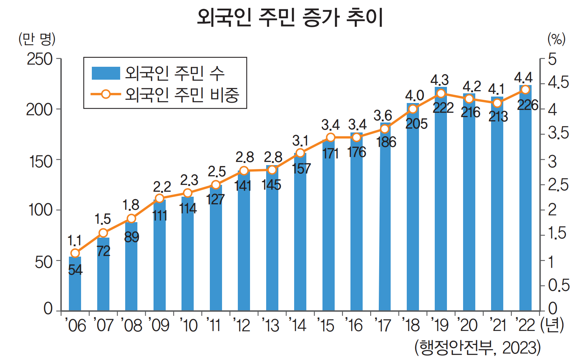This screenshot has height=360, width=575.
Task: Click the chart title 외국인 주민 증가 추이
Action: click(x=290, y=17)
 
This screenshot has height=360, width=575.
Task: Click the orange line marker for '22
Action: click(x=525, y=90)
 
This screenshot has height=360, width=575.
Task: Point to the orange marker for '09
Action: click(x=160, y=198)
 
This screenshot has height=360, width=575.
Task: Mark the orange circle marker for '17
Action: click(x=385, y=129)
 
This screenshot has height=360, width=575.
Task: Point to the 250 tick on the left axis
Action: click(x=40, y=60)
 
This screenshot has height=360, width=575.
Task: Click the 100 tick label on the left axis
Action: click(x=41, y=210)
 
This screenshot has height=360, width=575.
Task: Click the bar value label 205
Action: click(x=416, y=124)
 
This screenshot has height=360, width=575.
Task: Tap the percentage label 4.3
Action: click(x=439, y=80)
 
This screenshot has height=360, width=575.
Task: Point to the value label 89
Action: click(x=132, y=237)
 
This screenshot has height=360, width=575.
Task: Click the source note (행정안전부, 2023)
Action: click(x=477, y=348)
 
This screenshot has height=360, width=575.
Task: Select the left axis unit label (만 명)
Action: click(x=37, y=39)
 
